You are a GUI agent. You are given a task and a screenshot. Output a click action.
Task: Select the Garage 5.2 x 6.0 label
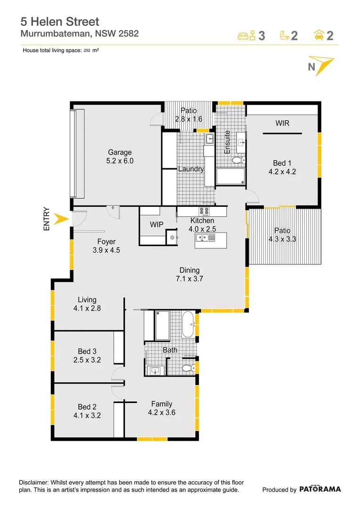click(x=120, y=156)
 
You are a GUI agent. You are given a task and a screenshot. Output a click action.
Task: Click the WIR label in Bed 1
click(x=282, y=123)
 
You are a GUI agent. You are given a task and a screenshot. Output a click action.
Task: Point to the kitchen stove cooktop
click(x=205, y=212)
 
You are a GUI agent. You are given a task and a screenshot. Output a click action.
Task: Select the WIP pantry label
click(x=156, y=225)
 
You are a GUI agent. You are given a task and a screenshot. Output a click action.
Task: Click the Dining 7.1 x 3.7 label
click(x=189, y=274)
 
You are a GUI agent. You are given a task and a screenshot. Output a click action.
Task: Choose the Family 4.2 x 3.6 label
click(x=162, y=408)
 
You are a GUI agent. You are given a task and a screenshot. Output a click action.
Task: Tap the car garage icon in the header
click(x=319, y=35)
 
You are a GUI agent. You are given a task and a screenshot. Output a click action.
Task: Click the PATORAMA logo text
click(x=320, y=489)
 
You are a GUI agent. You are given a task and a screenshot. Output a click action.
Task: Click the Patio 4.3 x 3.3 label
click(x=282, y=235)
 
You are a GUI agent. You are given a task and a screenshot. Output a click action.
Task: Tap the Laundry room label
click(x=191, y=169)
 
